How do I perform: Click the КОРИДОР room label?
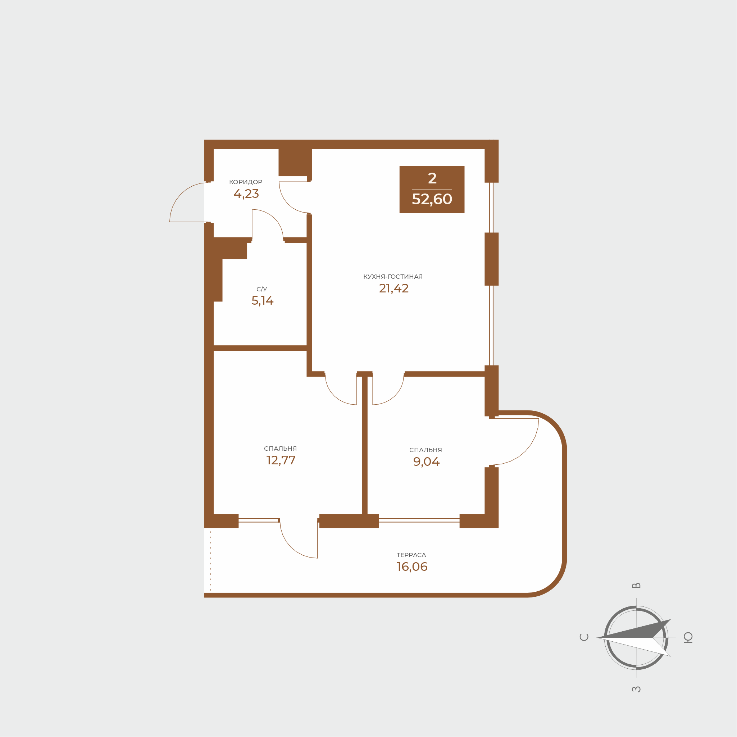point(246,182)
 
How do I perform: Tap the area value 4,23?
point(246,194)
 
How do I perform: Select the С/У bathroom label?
point(262,289)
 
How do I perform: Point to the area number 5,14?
point(263,301)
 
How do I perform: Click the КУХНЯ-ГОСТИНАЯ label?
point(393,277)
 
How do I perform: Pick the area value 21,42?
point(393,288)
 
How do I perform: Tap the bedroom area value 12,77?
point(281,460)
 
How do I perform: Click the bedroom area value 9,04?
point(427,461)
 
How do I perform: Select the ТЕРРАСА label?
point(411,555)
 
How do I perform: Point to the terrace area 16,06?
point(412,567)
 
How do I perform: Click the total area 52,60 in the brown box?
point(432,199)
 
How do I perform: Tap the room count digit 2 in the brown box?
point(432,178)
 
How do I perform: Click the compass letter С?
point(584,637)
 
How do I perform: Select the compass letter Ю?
point(688,637)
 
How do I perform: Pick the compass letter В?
point(636,586)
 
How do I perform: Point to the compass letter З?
point(636,689)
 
